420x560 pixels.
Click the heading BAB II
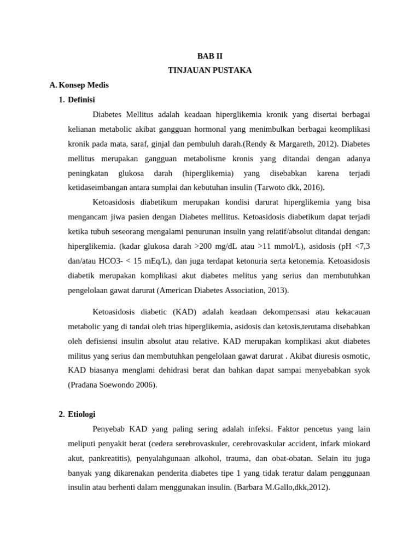click(209, 56)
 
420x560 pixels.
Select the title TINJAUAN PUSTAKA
click(209, 71)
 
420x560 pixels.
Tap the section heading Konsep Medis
click(83, 85)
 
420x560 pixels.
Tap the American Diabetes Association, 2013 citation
click(221, 290)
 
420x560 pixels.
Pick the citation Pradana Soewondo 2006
click(112, 384)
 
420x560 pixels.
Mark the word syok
click(361, 370)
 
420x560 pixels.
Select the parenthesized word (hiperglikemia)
click(208, 173)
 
